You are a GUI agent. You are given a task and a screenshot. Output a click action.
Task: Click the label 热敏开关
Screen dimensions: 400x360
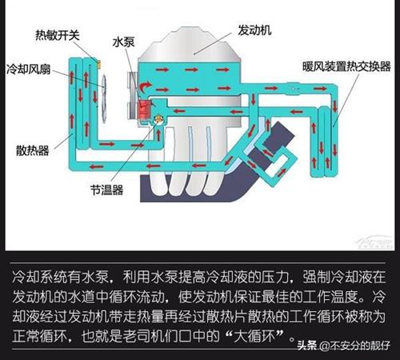58,35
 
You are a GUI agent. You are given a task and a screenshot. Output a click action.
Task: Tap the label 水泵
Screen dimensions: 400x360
123,42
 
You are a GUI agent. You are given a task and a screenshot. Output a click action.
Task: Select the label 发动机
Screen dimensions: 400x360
254,30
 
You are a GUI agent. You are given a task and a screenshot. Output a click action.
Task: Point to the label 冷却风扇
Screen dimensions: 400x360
28,69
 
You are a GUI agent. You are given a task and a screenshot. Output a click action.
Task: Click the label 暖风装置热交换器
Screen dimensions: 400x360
346,66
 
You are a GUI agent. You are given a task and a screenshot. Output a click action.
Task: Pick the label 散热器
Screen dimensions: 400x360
33,150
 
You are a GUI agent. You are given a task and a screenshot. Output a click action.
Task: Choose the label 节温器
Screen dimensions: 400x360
106,190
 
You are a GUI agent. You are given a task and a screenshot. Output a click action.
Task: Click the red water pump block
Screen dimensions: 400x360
144,110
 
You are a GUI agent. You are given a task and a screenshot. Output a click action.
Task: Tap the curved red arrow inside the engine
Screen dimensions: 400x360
145,87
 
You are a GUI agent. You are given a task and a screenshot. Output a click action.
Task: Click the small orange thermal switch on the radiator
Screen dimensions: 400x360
98,63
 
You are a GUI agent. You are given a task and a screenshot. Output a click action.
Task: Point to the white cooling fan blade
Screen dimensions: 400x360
104,99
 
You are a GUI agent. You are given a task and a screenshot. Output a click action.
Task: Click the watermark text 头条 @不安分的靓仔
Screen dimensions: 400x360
344,346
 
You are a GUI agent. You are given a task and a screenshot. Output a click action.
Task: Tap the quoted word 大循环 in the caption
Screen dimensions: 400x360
254,336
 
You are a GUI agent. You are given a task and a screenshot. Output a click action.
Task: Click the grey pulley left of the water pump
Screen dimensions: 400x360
132,96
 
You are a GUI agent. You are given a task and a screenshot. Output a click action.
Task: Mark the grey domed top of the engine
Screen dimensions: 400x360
190,45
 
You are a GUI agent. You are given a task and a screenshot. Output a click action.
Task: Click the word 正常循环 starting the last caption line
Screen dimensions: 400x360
39,336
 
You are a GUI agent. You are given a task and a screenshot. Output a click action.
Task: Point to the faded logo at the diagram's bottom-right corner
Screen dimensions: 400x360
374,242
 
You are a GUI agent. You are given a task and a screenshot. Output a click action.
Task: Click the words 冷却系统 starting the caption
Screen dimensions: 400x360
40,277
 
